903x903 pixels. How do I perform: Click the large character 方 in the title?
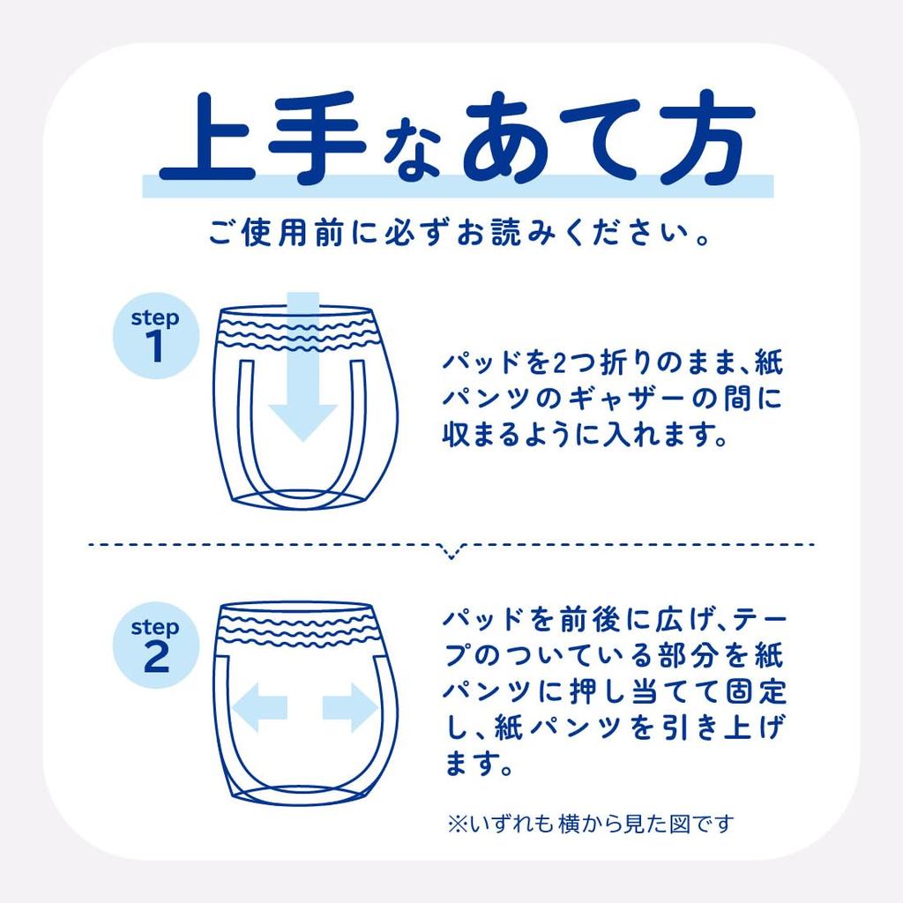click(698, 139)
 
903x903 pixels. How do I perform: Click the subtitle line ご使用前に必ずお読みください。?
click(451, 235)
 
